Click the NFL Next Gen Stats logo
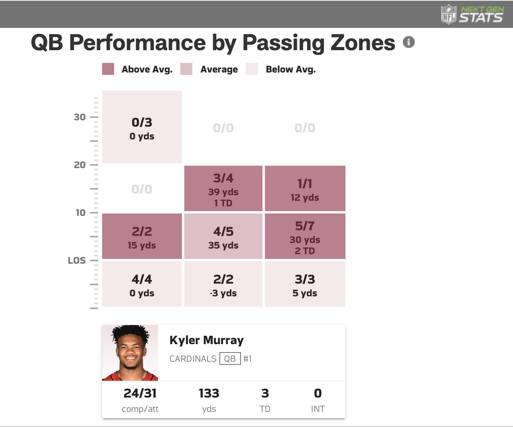[472, 14]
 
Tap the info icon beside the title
[408, 42]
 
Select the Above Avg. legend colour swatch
[108, 69]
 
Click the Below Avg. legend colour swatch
[252, 69]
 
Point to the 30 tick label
[80, 117]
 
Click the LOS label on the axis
[77, 261]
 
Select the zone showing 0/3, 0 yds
[142, 127]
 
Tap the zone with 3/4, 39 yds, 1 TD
[223, 188]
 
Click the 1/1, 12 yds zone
[305, 188]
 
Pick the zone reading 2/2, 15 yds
[142, 236]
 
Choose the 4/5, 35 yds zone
[223, 236]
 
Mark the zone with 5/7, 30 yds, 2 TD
[305, 236]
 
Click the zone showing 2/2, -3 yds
[223, 284]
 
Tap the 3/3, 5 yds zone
[305, 284]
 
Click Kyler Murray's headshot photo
[130, 353]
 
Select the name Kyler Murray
[206, 340]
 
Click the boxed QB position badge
[230, 358]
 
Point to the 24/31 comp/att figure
[140, 394]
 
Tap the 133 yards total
[209, 394]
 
